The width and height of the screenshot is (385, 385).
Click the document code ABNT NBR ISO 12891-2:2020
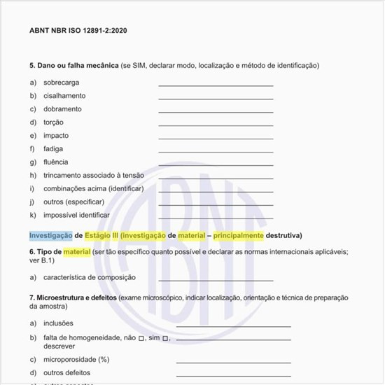point(78,31)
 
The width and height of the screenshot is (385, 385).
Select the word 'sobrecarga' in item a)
point(61,83)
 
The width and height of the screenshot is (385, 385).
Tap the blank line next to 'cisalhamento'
point(216,98)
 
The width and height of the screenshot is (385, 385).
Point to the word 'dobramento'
point(64,109)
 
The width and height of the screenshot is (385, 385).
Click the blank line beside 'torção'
point(216,125)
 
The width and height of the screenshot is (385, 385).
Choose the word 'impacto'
point(56,136)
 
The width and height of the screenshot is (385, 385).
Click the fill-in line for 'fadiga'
point(216,151)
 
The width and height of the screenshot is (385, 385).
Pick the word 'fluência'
point(56,162)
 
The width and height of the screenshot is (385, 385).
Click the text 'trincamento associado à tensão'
point(93,175)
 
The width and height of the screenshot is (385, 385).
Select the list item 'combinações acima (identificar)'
point(93,188)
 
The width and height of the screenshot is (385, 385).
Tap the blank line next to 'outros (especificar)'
point(216,204)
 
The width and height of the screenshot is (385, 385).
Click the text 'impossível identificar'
point(76,215)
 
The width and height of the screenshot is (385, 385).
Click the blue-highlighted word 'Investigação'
point(50,235)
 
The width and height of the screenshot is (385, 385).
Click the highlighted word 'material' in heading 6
point(77,252)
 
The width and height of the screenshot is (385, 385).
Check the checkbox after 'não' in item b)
point(141,338)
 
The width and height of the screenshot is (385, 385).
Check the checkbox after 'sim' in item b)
point(165,338)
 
